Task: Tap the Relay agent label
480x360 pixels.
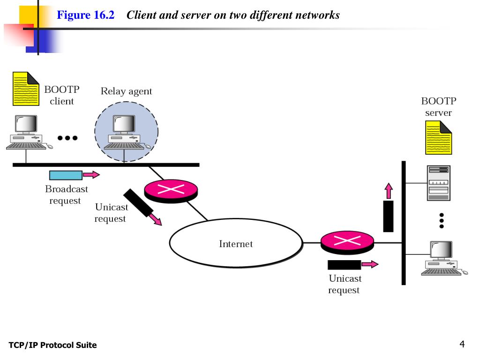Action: pos(126,91)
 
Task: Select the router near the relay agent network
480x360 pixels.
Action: pos(171,191)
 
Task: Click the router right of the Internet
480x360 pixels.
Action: pos(347,242)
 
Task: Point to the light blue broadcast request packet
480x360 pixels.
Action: pos(66,175)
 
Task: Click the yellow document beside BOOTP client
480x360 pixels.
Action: pos(26,89)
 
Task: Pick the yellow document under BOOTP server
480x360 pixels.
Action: pos(438,137)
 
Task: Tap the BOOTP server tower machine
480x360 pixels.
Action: pos(438,183)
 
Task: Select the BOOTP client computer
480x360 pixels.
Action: pos(29,132)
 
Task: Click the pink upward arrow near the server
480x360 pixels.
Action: pos(389,191)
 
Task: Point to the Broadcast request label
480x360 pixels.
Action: pos(66,195)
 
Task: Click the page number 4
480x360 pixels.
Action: pos(462,344)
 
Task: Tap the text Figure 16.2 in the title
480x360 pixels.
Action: pos(85,15)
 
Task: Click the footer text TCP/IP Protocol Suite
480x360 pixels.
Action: pos(52,345)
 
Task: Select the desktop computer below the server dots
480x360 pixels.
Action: pos(444,258)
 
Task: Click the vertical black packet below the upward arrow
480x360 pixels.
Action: pos(388,216)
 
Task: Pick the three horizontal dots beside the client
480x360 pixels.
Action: pos(67,138)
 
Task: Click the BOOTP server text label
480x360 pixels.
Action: pos(438,106)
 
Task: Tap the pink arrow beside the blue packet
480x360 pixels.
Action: pos(91,175)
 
